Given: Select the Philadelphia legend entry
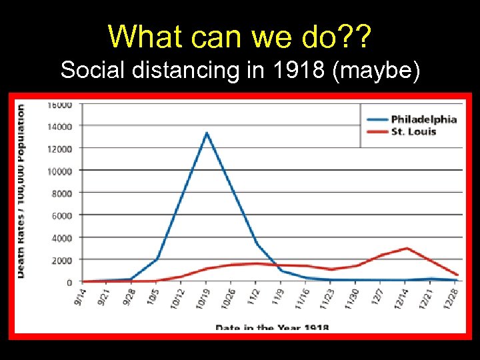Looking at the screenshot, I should tap(423, 119).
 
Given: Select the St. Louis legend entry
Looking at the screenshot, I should tap(413, 131).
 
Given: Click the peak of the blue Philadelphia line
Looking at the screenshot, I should tap(207, 133).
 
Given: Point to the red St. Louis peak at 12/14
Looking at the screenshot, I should tap(407, 248).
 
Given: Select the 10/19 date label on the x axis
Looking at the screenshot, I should tap(202, 297).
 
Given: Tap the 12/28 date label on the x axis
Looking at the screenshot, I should tap(454, 297).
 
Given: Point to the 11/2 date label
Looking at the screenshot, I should tap(253, 296).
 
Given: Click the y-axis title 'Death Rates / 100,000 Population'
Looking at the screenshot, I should tap(21, 191).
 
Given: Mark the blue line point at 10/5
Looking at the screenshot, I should tap(157, 258).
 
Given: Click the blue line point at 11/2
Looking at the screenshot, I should tap(257, 244).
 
